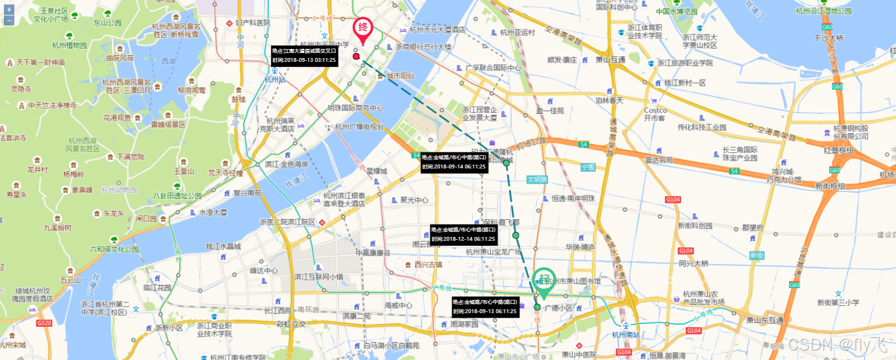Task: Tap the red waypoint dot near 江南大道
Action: [x=356, y=56]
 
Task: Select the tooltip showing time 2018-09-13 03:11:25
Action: [x=304, y=56]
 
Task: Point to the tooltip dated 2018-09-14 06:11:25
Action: [x=454, y=162]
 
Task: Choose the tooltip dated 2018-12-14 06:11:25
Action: [x=463, y=235]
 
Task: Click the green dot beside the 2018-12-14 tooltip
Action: [x=516, y=235]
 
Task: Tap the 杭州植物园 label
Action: [x=70, y=46]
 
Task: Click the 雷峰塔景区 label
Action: [x=168, y=125]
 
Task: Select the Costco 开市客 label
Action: [x=655, y=114]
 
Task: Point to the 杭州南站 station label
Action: [x=626, y=335]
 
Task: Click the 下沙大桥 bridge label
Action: [x=829, y=38]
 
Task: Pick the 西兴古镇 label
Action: [x=428, y=265]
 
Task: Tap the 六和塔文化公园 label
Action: [x=115, y=249]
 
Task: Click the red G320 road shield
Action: [x=44, y=323]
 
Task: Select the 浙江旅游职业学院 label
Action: [x=685, y=63]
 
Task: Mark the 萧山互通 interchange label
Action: [x=610, y=60]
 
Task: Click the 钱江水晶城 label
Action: [x=223, y=247]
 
